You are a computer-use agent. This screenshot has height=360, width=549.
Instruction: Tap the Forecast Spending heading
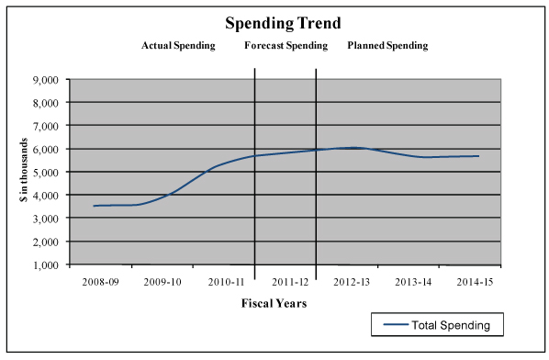point(285,45)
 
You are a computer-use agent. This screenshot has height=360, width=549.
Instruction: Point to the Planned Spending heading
point(387,45)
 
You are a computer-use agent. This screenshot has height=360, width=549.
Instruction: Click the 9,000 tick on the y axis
point(46,79)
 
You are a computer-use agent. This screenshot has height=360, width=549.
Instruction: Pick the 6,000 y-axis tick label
point(46,149)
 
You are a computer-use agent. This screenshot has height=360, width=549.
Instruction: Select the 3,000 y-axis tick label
point(46,219)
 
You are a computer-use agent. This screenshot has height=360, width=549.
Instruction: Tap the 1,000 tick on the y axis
point(46,264)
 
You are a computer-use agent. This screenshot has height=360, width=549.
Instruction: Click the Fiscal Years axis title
point(274,303)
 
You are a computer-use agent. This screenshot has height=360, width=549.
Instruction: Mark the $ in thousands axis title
point(23,172)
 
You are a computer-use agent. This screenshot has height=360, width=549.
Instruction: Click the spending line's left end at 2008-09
point(94,206)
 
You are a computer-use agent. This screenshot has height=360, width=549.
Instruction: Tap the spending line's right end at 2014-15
point(478,156)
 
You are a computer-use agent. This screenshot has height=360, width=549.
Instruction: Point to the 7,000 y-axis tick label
point(46,126)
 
